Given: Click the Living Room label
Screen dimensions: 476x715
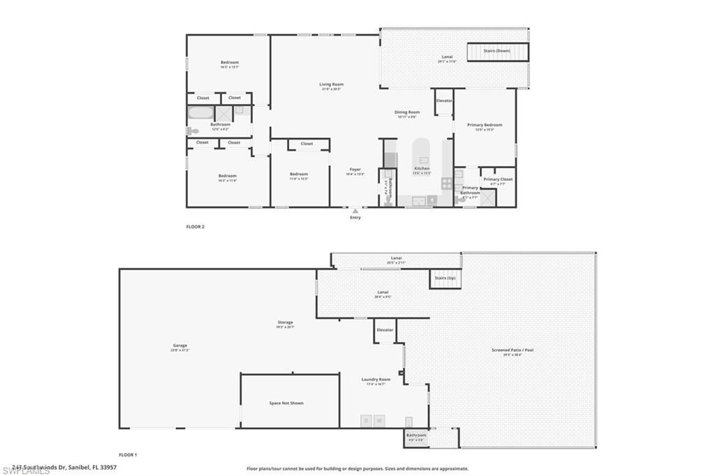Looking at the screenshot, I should point(332,84).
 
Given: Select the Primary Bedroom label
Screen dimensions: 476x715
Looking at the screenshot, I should point(485,125).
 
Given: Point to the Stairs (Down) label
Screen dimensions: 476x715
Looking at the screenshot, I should point(497,51).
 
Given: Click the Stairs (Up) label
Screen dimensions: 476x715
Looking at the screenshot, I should point(445,278).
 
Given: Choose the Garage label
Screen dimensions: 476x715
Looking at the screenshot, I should point(180,345).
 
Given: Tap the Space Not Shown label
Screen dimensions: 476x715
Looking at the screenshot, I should point(286,403).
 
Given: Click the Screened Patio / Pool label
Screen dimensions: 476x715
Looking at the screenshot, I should point(513,350).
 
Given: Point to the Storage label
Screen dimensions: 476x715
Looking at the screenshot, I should point(285,322).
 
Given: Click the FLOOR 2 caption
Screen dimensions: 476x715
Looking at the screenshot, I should point(196,227).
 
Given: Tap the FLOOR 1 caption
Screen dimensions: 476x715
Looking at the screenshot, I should point(128,454).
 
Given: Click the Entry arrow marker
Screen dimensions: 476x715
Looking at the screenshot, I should point(355,210).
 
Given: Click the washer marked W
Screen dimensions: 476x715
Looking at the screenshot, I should point(379,421).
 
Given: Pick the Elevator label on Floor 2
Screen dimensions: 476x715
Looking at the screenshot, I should point(444,101).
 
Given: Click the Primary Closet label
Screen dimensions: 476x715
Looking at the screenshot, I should point(498,179).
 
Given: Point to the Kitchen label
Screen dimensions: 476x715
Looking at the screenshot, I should point(422,168).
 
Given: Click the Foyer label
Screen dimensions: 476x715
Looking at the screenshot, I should point(355,169).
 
